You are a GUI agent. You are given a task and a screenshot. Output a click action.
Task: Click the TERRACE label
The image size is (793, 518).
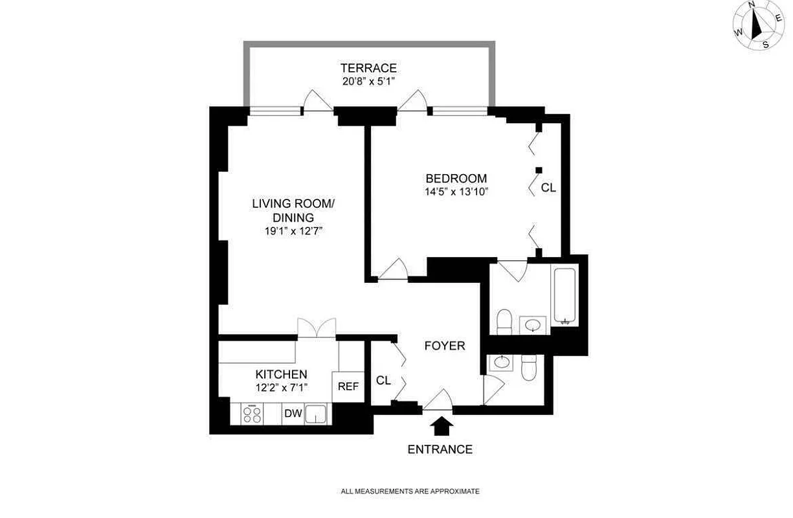[x=368, y=68]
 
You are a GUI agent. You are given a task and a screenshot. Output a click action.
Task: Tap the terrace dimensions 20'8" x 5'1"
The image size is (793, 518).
[x=368, y=82]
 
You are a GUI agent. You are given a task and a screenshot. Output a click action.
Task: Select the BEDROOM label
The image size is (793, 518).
[x=456, y=178]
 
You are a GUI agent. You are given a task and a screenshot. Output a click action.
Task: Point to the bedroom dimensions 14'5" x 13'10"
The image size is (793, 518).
[x=456, y=192]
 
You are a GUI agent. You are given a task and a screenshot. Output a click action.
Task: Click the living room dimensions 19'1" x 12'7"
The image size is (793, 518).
[x=293, y=231]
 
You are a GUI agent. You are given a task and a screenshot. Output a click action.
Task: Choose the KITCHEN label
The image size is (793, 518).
[x=281, y=374]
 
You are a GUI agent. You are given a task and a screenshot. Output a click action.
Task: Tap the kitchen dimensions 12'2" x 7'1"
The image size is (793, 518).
[x=281, y=387]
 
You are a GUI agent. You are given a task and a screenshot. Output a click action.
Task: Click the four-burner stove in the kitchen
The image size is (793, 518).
[x=252, y=414]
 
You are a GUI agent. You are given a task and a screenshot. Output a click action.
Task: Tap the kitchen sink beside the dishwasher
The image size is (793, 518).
[x=317, y=414]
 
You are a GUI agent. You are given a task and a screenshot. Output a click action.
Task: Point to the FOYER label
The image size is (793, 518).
[x=445, y=346]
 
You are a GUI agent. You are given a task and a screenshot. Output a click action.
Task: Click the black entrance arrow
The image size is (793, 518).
[x=442, y=425]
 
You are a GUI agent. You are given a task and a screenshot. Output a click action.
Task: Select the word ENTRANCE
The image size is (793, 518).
[x=440, y=449]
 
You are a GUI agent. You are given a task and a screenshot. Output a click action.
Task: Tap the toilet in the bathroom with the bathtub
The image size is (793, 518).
[x=504, y=321]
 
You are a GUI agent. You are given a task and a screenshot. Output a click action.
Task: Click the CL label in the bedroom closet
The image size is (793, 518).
[x=548, y=188]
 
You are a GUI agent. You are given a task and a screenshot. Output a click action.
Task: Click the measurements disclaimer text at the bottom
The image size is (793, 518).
[x=410, y=491]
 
